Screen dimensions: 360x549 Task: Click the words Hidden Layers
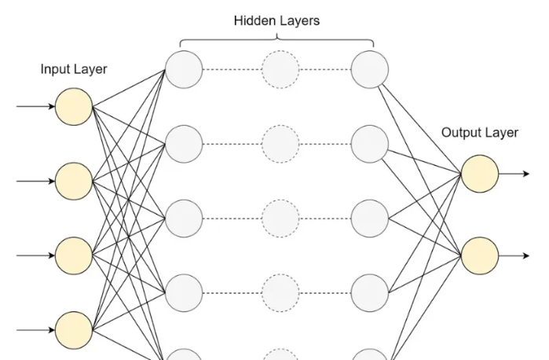[x=276, y=20]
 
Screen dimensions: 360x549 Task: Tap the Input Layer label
[x=74, y=69]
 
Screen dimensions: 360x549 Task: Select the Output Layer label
[x=479, y=132]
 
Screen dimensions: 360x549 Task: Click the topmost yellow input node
[x=74, y=107]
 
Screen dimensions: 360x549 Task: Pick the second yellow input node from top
[x=74, y=182]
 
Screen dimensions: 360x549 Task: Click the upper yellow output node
[x=479, y=174]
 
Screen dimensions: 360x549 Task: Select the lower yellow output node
[x=479, y=256]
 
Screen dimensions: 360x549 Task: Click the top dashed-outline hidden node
[x=280, y=70]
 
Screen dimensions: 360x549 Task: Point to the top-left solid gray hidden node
[x=184, y=70]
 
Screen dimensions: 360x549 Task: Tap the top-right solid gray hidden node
[x=369, y=70]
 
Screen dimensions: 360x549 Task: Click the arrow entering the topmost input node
[x=36, y=107]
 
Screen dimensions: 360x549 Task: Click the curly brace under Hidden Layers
[x=276, y=42]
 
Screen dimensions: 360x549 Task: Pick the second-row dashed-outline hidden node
[x=280, y=144]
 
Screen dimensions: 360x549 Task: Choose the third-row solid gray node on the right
[x=369, y=219]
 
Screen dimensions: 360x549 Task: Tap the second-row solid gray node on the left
[x=184, y=144]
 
